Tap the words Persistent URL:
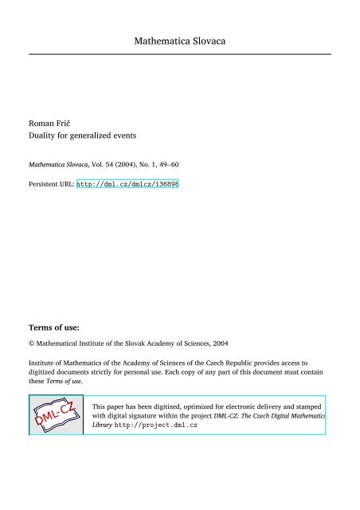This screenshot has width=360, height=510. (x=51, y=182)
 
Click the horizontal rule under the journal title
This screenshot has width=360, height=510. (x=180, y=54)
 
